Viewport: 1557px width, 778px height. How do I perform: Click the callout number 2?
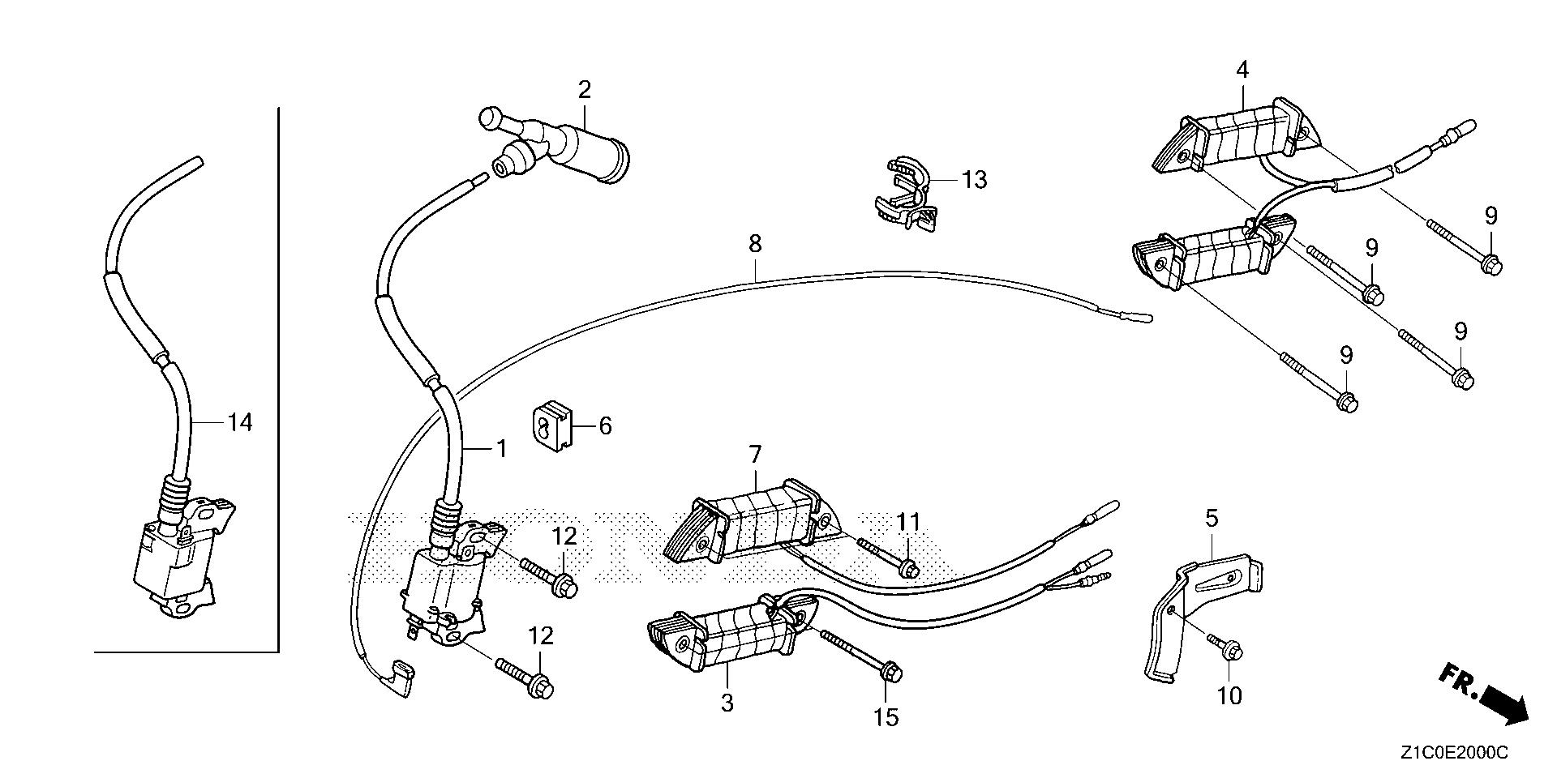(585, 90)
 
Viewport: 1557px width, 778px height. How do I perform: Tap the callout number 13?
(974, 179)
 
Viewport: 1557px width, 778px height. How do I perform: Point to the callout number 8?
(755, 244)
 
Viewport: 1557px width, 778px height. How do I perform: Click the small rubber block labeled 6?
(552, 425)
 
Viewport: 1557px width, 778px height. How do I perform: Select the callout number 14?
(239, 422)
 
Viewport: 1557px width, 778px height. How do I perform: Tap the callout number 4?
(1242, 71)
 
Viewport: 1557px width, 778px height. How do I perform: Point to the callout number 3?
(727, 703)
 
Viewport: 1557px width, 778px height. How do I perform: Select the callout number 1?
(501, 448)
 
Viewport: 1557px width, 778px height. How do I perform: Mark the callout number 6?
(605, 426)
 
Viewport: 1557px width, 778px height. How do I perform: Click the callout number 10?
(1229, 696)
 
